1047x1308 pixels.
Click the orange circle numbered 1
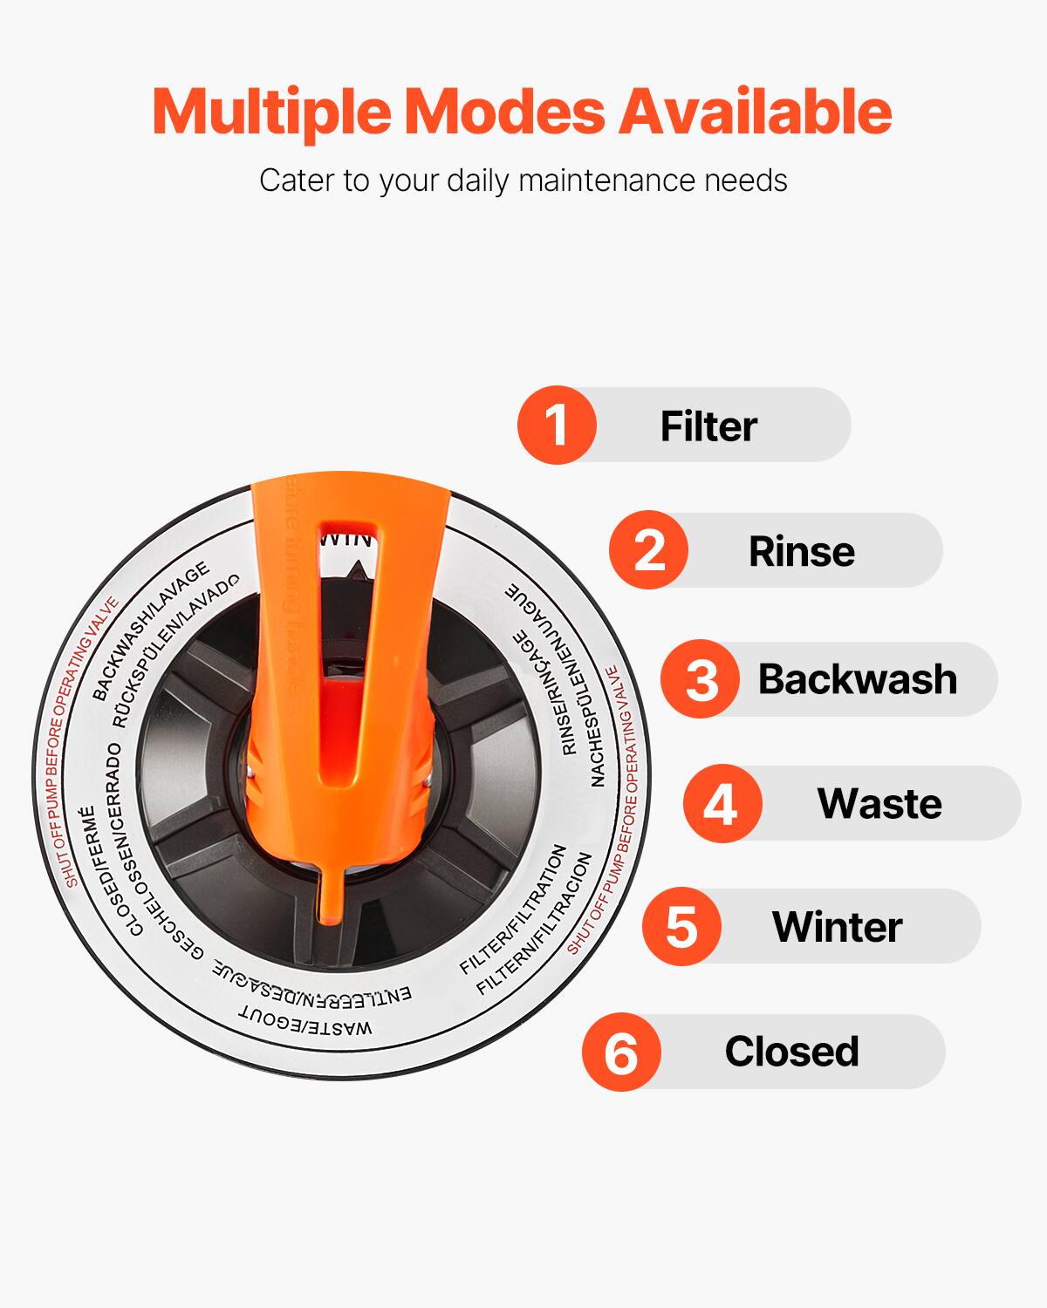[x=557, y=425]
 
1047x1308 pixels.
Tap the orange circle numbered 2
[x=648, y=550]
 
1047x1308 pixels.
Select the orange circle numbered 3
[x=700, y=679]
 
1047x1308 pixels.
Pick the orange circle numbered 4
[x=722, y=803]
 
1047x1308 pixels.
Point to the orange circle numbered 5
[x=681, y=926]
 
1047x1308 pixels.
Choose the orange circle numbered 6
[x=621, y=1052]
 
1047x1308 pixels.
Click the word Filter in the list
[x=708, y=426]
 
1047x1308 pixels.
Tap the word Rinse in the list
[x=801, y=551]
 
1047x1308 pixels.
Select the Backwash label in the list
[x=857, y=679]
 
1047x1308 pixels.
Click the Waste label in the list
[x=879, y=803]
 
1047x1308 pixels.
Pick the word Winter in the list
[x=837, y=927]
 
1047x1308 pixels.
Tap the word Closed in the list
[x=791, y=1052]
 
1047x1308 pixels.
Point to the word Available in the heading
[x=755, y=112]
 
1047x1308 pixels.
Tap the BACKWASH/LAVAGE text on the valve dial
[x=151, y=631]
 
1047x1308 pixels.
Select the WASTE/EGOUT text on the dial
[x=305, y=1023]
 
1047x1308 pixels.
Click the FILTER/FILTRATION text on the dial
[x=514, y=909]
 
